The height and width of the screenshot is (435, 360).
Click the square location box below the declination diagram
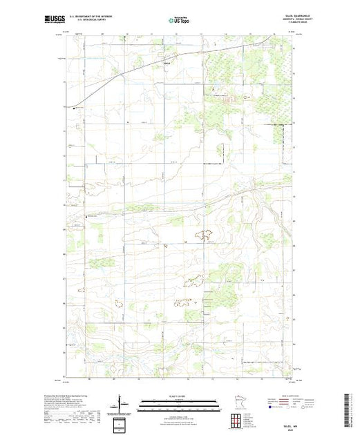click(122, 423)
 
